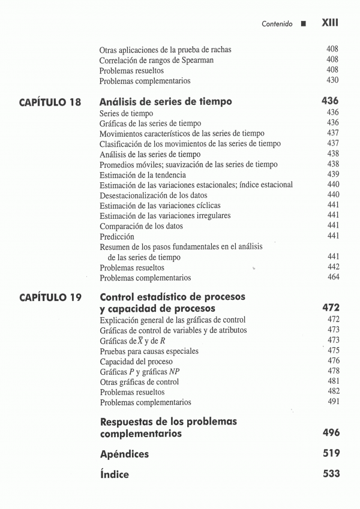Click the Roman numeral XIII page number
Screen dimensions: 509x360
coord(330,23)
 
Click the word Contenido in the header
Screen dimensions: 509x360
coord(277,24)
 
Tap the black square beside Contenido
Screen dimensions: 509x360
coord(304,25)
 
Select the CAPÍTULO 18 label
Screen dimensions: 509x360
coord(50,102)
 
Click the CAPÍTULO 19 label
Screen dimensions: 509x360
coord(50,297)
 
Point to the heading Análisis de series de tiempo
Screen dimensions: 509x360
coord(166,102)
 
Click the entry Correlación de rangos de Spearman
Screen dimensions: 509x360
coord(157,60)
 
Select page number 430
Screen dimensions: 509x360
coord(332,80)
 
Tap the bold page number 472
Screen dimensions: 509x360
coord(331,308)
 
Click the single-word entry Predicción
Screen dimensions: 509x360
coord(117,237)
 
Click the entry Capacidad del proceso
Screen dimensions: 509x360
coord(136,362)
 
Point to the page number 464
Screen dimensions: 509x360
coord(332,278)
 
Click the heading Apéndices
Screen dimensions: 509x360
coord(124,454)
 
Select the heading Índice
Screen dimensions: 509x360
coord(115,474)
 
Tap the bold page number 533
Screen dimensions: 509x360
coord(331,474)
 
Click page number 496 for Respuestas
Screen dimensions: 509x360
coord(331,433)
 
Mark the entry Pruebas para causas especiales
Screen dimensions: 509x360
coord(149,351)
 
